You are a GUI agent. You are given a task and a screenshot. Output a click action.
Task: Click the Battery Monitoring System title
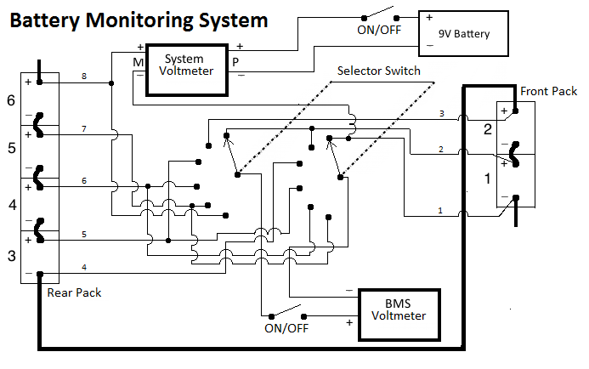pyautogui.click(x=138, y=20)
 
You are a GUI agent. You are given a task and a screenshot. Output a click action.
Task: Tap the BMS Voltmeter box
pyautogui.click(x=399, y=315)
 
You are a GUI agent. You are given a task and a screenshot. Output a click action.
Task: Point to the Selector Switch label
pyautogui.click(x=378, y=71)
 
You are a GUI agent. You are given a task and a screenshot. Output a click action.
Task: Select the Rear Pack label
pyautogui.click(x=75, y=293)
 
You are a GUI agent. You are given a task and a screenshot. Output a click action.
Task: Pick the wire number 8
pyautogui.click(x=84, y=77)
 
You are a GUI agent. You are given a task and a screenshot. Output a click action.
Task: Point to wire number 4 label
pyautogui.click(x=84, y=268)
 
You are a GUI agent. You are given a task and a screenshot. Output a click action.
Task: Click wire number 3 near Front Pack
pyautogui.click(x=441, y=113)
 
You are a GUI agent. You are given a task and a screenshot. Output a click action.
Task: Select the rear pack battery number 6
pyautogui.click(x=11, y=101)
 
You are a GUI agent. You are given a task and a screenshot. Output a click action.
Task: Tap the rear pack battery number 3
pyautogui.click(x=11, y=256)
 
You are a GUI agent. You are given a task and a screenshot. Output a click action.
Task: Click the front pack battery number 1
pyautogui.click(x=487, y=179)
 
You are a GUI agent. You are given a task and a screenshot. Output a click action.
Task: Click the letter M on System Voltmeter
pyautogui.click(x=137, y=61)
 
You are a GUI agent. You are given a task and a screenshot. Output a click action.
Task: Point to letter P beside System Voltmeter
pyautogui.click(x=235, y=61)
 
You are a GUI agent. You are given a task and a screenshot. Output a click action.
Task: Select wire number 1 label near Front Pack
pyautogui.click(x=439, y=210)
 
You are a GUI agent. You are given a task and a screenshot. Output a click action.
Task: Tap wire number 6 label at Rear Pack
pyautogui.click(x=84, y=180)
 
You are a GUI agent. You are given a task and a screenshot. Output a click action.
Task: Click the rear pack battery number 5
pyautogui.click(x=11, y=149)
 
